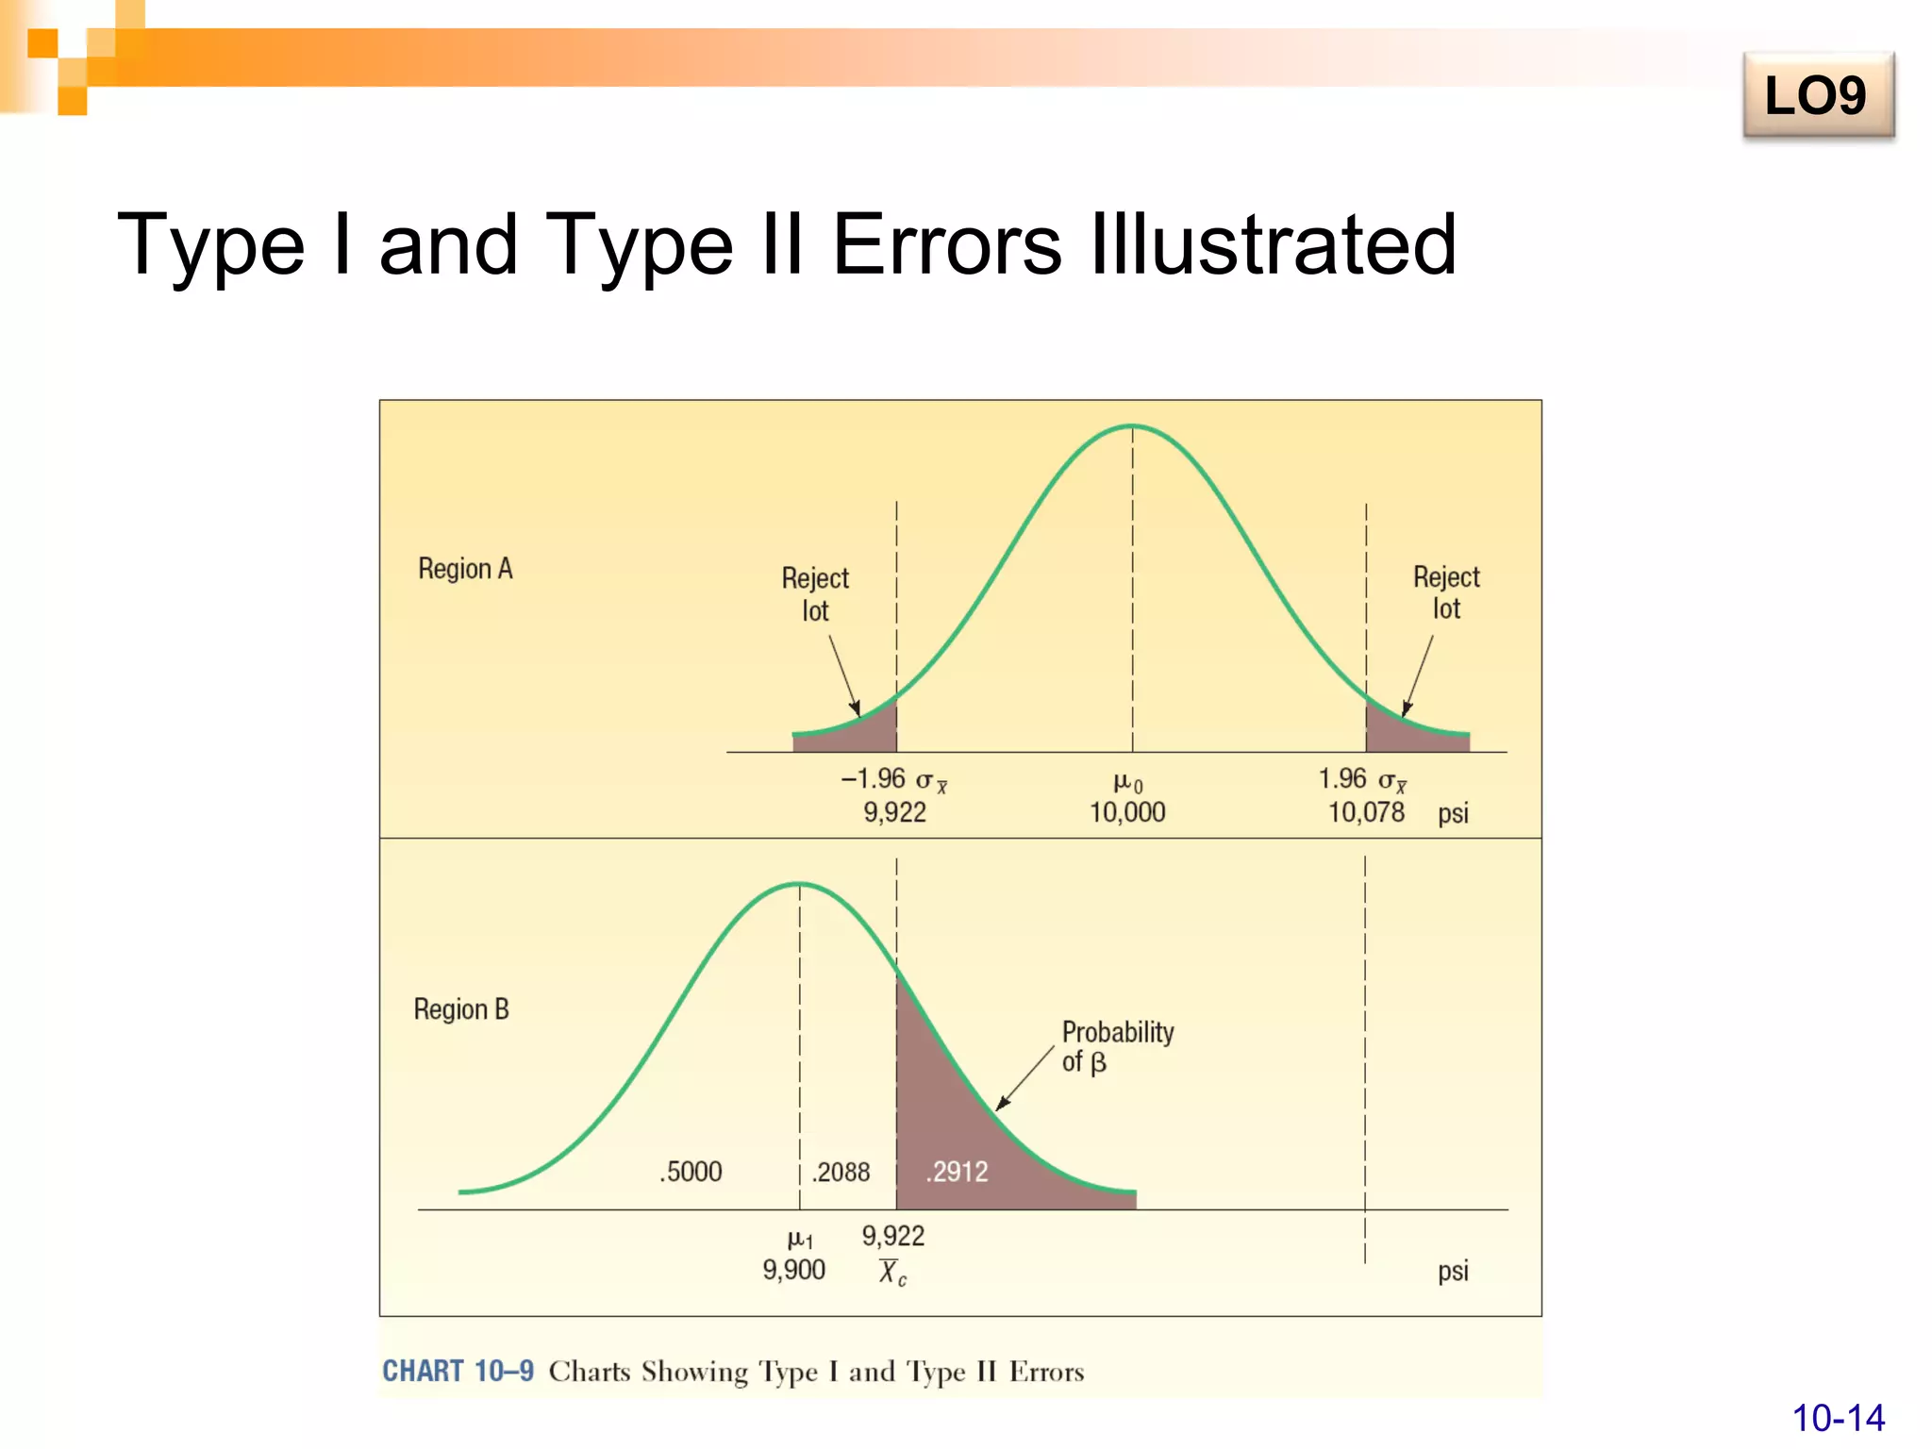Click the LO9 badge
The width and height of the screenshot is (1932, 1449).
point(1817,96)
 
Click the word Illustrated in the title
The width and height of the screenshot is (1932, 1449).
point(1274,245)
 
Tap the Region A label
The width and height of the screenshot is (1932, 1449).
point(465,569)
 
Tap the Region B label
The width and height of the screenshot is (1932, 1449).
point(461,1009)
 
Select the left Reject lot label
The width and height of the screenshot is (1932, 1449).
point(815,594)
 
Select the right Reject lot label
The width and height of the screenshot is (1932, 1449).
point(1446,592)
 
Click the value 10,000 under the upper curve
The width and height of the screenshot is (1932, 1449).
point(1127,812)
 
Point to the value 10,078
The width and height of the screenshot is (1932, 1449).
point(1366,812)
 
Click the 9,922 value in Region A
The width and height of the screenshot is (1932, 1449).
point(894,812)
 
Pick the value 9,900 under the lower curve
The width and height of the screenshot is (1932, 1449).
point(793,1270)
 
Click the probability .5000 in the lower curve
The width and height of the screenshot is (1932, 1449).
point(691,1172)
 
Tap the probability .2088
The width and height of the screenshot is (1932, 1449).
point(841,1172)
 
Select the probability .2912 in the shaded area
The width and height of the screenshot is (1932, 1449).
point(958,1172)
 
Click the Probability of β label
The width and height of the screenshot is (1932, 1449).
point(1117,1046)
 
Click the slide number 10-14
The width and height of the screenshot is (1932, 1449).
point(1838,1418)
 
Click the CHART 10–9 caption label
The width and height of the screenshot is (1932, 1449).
point(458,1371)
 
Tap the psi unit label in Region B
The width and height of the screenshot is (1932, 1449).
point(1453,1271)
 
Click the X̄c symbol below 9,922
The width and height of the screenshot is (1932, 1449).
point(891,1274)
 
